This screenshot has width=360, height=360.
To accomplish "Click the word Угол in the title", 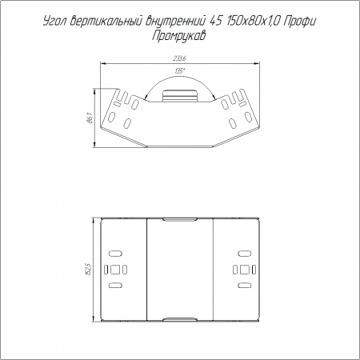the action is pos(55,21).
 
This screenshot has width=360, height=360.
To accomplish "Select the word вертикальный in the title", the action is pos(106,21).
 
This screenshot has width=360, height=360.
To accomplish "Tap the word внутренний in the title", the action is pos(176,21).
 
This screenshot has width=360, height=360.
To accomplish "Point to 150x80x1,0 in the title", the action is pos(253,21).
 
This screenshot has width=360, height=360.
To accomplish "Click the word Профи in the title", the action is pos(299,21).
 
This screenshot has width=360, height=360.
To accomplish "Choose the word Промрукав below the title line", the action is pos(179,35).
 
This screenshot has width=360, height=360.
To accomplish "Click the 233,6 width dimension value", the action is pos(179,58).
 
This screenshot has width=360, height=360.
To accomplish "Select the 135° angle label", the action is pos(180,71).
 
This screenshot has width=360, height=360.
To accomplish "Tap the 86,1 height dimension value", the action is pos(90,118).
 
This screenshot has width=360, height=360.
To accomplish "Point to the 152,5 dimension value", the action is pos(89,269).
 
